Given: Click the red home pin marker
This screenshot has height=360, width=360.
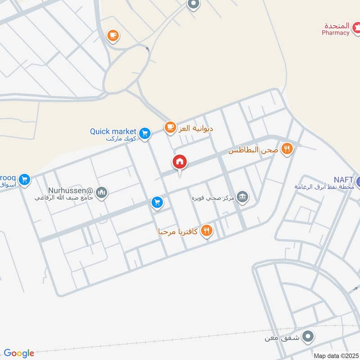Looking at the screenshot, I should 180,162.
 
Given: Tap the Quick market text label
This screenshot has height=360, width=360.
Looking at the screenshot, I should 113,131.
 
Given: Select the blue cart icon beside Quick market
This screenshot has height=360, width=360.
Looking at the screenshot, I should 144,133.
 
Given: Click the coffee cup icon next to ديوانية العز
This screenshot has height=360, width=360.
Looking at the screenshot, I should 170,128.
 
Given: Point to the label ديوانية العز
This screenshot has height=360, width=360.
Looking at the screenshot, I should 196,128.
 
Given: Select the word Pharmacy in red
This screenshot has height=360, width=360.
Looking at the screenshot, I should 335,32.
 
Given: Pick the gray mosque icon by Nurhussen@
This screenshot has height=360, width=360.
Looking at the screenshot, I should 102,193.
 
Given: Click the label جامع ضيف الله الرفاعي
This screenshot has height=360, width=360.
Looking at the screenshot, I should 64,198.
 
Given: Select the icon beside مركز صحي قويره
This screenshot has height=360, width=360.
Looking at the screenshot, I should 243,197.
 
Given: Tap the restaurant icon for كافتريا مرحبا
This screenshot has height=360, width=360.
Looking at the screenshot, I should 207,231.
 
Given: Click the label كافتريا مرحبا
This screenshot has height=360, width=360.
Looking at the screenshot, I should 178,232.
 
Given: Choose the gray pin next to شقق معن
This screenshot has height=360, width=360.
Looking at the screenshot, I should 308,336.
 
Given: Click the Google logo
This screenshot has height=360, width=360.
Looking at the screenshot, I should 19,353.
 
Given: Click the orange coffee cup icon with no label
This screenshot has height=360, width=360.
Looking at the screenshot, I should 113,35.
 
